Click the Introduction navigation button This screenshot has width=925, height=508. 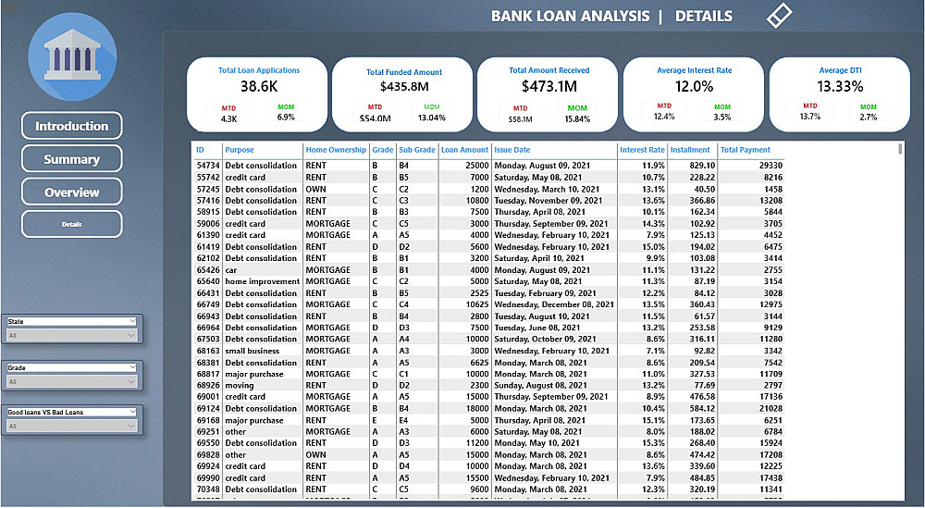coord(71,126)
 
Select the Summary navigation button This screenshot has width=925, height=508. coord(71,159)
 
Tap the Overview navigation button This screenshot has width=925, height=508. coord(71,192)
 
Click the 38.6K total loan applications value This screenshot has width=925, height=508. coord(259,86)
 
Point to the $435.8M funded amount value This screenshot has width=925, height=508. coord(404,87)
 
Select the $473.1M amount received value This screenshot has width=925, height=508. coord(549,86)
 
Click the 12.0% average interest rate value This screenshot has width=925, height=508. coord(694,86)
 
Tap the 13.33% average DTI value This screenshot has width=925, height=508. coord(841,86)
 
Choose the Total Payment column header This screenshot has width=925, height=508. coord(745,150)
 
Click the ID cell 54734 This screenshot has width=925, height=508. coord(207,165)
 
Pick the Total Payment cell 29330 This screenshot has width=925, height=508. coord(770,165)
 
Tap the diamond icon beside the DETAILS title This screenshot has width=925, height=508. coord(780,15)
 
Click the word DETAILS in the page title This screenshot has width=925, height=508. coord(703,16)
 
